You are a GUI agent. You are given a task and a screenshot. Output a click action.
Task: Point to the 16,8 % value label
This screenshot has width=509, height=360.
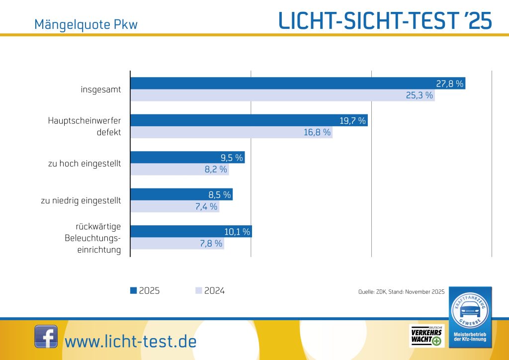click(x=317, y=132)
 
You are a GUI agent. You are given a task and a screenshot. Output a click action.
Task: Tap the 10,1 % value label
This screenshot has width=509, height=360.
click(x=237, y=232)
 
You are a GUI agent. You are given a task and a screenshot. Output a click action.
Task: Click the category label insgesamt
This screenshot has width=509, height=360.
click(x=101, y=90)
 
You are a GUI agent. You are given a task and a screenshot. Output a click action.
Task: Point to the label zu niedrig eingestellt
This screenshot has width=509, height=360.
click(x=81, y=201)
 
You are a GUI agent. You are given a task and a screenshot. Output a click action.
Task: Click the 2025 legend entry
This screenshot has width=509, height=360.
click(x=145, y=291)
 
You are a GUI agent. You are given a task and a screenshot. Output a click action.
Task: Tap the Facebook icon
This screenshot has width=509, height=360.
click(x=46, y=337)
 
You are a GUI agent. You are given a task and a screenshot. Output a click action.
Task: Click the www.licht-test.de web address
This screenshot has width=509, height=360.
click(x=131, y=342)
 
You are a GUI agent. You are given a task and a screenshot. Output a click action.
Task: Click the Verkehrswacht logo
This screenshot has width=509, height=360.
click(x=425, y=336)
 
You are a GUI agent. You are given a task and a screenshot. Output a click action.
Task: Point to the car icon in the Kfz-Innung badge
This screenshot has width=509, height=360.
click(x=470, y=311)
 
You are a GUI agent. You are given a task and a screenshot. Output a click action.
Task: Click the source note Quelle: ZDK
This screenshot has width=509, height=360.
click(x=401, y=292)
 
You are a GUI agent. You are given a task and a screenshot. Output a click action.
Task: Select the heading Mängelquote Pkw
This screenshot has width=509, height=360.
click(x=85, y=24)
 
